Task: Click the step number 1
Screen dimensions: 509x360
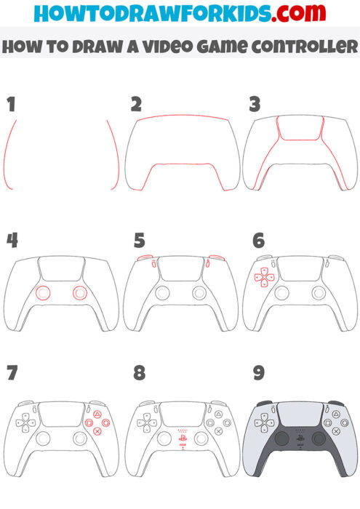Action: click(10, 105)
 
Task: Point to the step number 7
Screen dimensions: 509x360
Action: click(11, 374)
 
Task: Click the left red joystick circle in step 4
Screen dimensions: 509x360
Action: click(43, 293)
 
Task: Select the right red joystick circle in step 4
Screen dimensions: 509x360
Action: click(79, 293)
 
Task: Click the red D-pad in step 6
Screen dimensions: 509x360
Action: click(263, 276)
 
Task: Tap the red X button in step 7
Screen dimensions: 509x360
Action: click(97, 430)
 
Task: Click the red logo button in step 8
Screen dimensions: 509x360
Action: click(180, 438)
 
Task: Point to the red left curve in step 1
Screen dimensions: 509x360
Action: click(9, 156)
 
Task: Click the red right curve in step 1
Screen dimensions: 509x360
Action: click(113, 156)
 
